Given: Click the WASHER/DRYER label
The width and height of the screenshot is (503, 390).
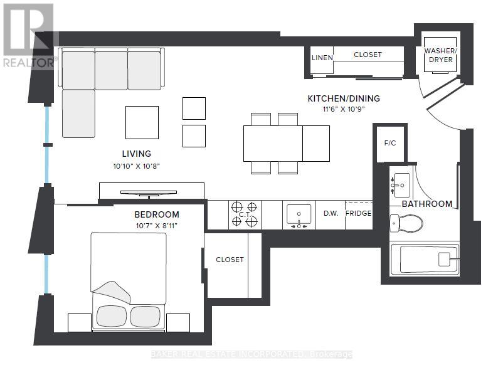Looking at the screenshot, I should [439, 55].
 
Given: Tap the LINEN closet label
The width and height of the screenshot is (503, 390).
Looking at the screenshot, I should [322, 58].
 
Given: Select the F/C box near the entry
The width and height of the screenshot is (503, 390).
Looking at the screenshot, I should [389, 143].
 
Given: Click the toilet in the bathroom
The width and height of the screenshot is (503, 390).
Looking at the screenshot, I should [406, 222].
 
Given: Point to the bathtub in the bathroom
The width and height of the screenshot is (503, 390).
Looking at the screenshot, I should [425, 259].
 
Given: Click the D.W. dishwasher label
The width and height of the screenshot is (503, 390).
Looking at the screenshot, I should [331, 213].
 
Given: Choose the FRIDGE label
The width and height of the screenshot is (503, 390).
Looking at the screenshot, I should [359, 213].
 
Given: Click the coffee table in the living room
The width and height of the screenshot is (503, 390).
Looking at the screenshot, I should [142, 122].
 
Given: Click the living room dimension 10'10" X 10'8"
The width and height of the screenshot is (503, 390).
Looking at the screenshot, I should [136, 166].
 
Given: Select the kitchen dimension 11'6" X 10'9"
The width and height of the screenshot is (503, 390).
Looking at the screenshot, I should [343, 109].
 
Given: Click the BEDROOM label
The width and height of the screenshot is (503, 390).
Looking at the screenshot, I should [156, 214].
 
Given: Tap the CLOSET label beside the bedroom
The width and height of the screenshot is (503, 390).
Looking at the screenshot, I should [230, 260].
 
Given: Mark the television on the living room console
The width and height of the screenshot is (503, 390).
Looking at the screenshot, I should [152, 194].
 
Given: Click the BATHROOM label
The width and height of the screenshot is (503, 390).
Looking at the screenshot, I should [426, 204].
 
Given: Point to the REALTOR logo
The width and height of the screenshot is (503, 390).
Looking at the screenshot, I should [29, 34].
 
